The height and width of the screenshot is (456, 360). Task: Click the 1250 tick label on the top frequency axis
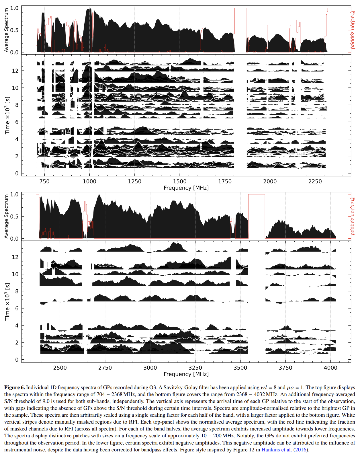tap(135, 182)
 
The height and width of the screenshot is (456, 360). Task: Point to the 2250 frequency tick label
tap(315, 182)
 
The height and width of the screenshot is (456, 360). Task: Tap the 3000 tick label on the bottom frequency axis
tap(150, 368)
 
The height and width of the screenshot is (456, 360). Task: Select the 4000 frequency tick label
tap(330, 368)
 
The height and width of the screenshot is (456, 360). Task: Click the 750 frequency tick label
tap(44, 182)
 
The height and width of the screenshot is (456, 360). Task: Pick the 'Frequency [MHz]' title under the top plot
tap(186, 188)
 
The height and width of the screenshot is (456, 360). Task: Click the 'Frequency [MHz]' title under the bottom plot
tap(186, 374)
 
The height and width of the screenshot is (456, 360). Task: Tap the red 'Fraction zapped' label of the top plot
tap(353, 30)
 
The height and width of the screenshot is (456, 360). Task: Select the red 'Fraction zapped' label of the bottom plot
tap(353, 216)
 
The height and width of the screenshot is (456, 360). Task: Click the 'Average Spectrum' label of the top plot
tap(6, 30)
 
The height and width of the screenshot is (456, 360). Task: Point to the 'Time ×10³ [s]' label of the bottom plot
tap(7, 302)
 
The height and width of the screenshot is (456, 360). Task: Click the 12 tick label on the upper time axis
tap(15, 71)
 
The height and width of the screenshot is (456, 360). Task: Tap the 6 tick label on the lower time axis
tap(17, 309)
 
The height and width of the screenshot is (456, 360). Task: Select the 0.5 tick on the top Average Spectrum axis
tap(14, 30)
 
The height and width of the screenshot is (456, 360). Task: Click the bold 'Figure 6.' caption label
tap(15, 387)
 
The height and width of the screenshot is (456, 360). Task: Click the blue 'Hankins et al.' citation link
tap(277, 450)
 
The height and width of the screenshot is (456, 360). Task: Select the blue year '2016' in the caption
tap(300, 450)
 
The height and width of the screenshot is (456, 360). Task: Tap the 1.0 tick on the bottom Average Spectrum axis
tap(14, 194)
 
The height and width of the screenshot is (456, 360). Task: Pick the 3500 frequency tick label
tap(240, 368)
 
